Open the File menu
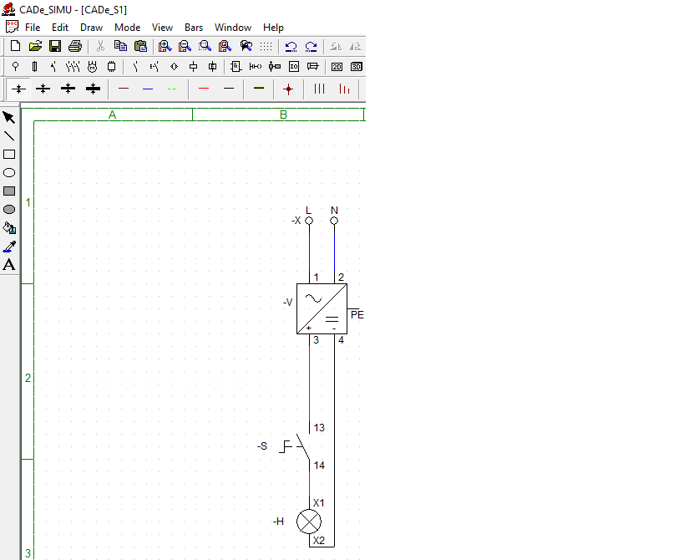[33, 28]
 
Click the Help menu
[273, 28]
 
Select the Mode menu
[128, 28]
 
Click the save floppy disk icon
[55, 46]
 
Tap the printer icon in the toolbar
[75, 46]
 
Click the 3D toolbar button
[357, 67]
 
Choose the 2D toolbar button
[337, 67]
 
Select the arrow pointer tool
[9, 117]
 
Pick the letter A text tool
[9, 264]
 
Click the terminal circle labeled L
[309, 221]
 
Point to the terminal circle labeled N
[334, 221]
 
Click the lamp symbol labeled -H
[309, 522]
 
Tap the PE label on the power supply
[357, 315]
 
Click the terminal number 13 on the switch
[319, 428]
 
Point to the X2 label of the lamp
[319, 541]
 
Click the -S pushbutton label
[262, 446]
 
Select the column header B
[283, 115]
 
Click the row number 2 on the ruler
[28, 378]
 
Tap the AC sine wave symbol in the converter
[313, 298]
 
